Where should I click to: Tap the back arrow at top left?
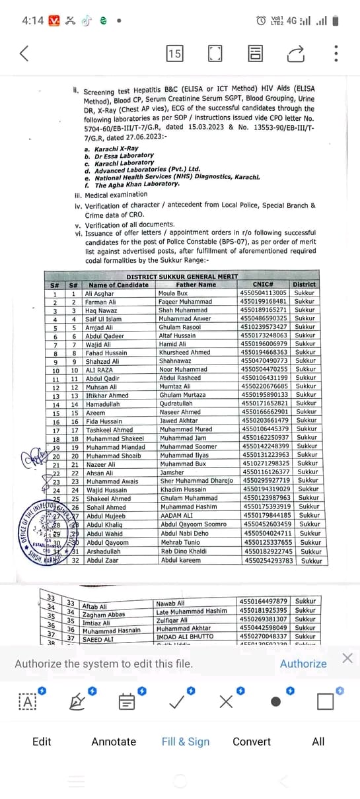(x=24, y=53)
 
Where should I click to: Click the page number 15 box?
(x=174, y=53)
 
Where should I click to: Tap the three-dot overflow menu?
(x=336, y=53)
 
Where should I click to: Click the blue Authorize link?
(x=303, y=664)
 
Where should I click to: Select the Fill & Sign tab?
(x=186, y=742)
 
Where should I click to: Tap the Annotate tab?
(x=114, y=742)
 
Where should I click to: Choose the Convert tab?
(x=252, y=742)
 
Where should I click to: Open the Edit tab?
(x=42, y=742)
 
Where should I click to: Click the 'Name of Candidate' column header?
(x=119, y=285)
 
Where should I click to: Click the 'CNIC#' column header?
(x=263, y=285)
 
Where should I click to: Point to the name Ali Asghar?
(x=100, y=293)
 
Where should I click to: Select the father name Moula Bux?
(x=173, y=293)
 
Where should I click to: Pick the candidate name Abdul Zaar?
(x=102, y=560)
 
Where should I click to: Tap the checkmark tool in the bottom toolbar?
(x=176, y=683)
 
